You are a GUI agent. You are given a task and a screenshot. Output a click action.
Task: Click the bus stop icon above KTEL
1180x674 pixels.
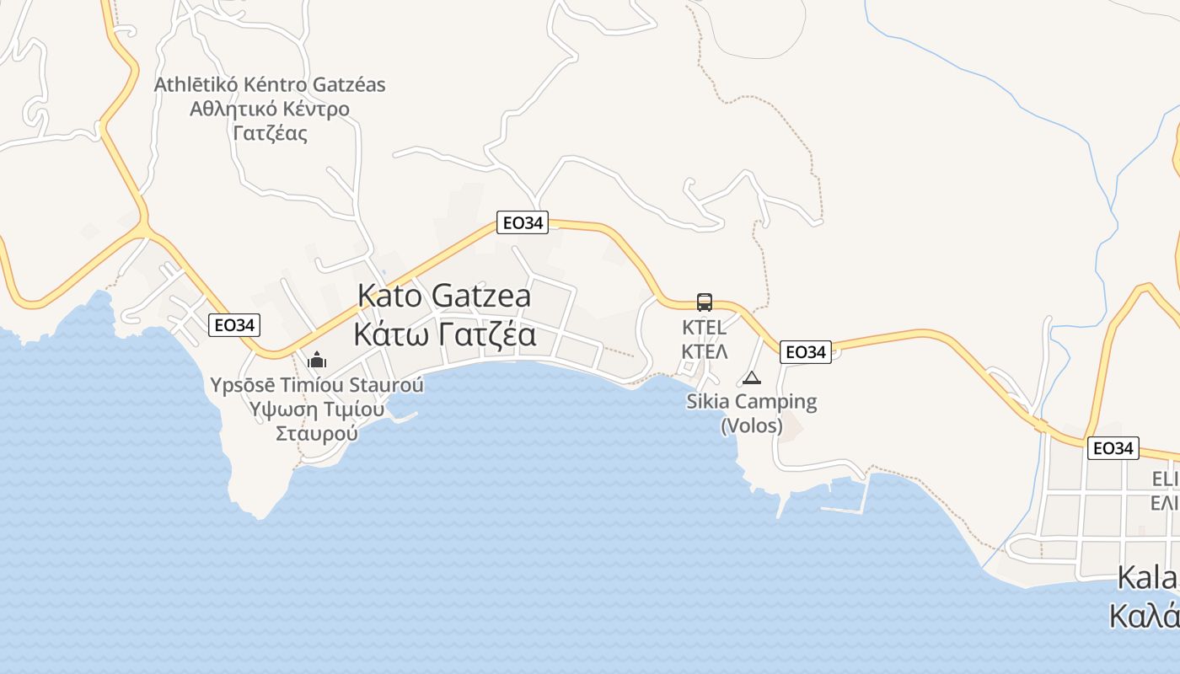pos(705,302)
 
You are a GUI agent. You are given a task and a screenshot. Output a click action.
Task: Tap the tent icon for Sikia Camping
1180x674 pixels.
pos(751,377)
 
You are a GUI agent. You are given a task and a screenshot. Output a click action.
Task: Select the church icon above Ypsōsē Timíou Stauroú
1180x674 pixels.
pos(317,361)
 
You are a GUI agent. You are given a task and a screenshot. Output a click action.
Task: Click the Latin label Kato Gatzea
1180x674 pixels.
pos(444,296)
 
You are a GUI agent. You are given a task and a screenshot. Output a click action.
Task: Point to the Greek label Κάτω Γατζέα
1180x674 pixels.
pos(444,334)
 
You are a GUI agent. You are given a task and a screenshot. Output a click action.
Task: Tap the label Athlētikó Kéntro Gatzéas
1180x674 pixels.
pos(270,85)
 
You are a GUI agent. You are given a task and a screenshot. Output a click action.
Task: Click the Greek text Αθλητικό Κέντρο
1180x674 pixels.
pos(270,109)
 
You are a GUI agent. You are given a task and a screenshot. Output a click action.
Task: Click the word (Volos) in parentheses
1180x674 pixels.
pos(752,426)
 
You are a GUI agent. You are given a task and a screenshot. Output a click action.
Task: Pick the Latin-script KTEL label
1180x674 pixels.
pos(704,328)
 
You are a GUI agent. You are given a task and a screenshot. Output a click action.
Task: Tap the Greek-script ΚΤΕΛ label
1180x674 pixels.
pos(704,351)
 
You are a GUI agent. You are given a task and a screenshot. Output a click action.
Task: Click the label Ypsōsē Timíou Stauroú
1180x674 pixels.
pos(317,386)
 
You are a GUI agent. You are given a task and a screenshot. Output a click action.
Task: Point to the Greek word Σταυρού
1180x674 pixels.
pos(317,434)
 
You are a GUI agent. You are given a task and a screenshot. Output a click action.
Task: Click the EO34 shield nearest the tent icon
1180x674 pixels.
pos(806,352)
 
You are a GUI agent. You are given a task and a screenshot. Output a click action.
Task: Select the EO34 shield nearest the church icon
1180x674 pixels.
pos(234,325)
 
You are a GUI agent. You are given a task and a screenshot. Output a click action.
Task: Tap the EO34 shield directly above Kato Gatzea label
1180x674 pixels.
pos(522,222)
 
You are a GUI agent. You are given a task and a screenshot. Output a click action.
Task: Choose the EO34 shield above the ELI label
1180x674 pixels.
pos(1113,448)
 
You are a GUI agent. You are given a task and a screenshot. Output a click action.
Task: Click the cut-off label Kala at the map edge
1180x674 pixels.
pos(1146,578)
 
